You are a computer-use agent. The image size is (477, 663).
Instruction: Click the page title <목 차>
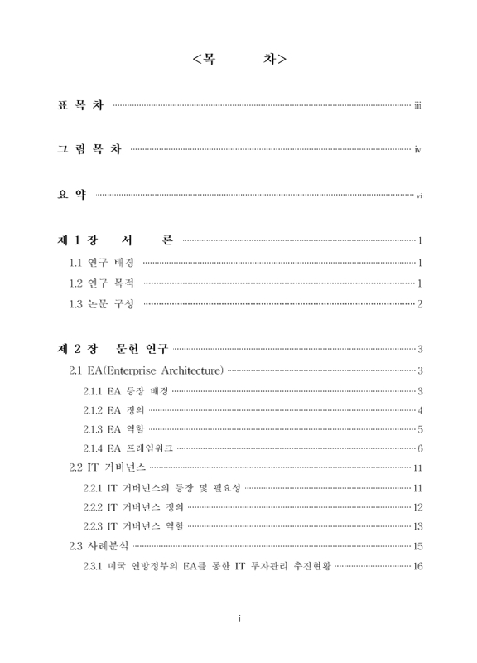(x=239, y=60)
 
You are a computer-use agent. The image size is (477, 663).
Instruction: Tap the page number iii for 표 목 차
(x=419, y=106)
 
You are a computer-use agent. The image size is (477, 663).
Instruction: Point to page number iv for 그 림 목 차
(x=419, y=151)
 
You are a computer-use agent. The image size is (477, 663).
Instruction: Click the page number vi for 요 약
(x=419, y=196)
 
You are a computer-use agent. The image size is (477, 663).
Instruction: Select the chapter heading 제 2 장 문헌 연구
(x=107, y=349)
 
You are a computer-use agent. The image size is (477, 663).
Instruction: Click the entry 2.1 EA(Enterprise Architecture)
(x=145, y=370)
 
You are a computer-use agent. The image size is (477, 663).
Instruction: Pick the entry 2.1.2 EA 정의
(x=113, y=410)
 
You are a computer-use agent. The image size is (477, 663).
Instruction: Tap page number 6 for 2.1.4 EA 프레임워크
(x=421, y=449)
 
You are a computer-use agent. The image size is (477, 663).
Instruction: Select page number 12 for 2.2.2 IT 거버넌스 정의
(x=418, y=507)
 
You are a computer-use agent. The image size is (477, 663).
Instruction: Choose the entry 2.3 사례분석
(x=99, y=546)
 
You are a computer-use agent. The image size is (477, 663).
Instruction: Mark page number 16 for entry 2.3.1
(x=418, y=566)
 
